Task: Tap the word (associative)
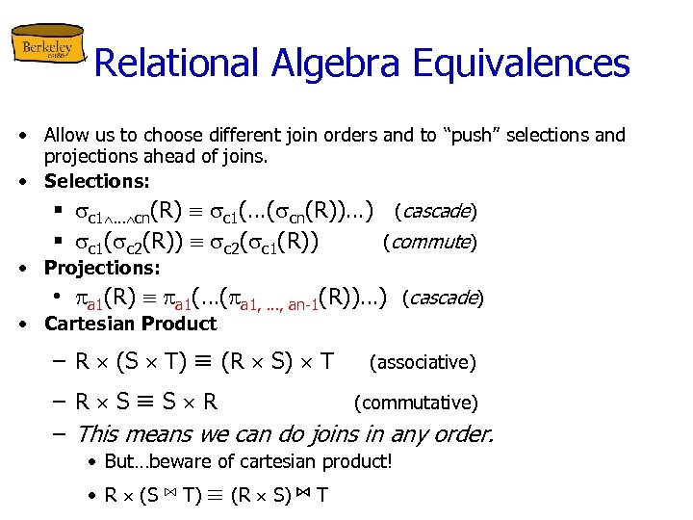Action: (423, 362)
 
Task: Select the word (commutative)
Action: (416, 403)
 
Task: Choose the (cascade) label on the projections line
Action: (442, 298)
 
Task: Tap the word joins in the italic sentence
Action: (351, 434)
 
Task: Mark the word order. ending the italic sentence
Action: (461, 434)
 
